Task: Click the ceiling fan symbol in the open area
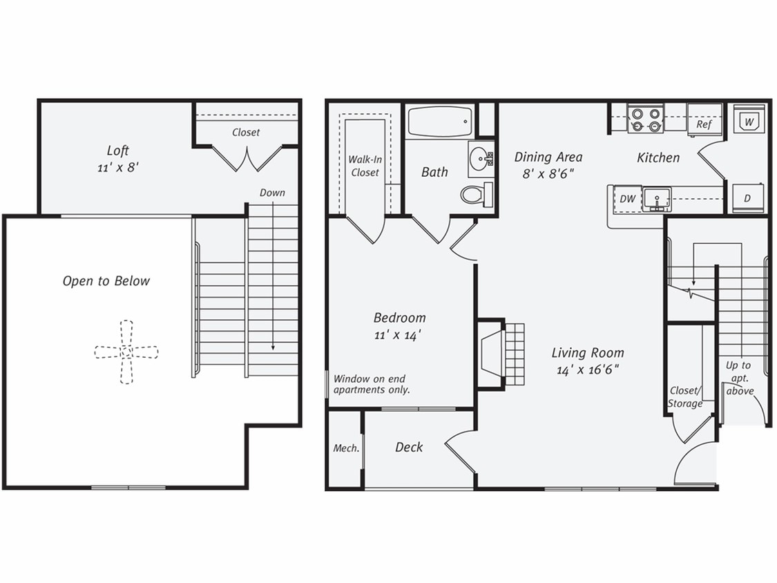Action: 126,352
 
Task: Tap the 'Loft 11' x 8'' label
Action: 118,158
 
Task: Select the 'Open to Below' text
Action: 106,281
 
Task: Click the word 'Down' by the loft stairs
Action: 272,193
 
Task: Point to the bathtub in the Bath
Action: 439,122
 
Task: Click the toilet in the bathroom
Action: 476,195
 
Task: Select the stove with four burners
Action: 645,119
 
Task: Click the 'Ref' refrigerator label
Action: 704,124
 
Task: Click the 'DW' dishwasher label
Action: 627,199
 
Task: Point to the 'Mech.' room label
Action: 346,448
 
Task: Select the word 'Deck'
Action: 409,448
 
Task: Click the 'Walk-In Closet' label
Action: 364,166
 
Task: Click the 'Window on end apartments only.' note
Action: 372,384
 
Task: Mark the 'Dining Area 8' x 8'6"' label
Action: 548,165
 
